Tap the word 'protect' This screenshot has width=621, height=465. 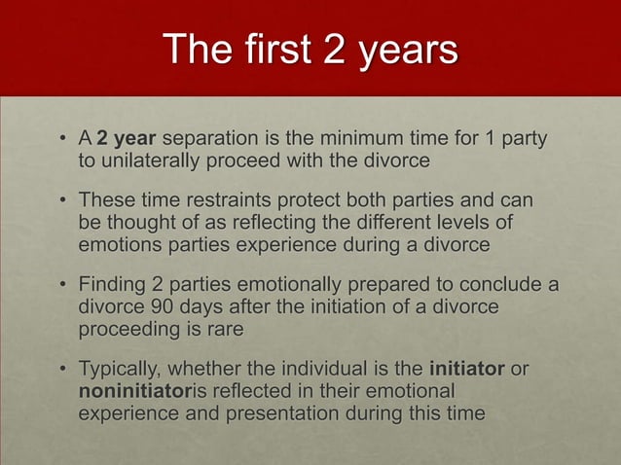(357, 200)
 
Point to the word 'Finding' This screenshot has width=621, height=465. (114, 285)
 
